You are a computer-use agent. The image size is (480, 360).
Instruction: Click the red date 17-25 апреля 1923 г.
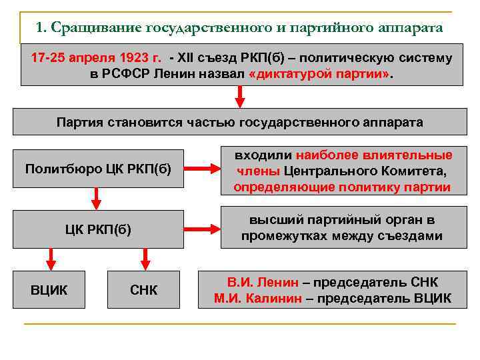(95, 58)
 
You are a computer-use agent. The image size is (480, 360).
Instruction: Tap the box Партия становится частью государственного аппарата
(240, 123)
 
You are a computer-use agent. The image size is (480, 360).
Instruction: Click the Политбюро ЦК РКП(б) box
(98, 168)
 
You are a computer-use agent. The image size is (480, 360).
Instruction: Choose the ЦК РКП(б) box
(98, 230)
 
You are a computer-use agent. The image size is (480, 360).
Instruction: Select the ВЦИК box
(49, 290)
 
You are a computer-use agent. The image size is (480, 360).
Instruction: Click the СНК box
(144, 290)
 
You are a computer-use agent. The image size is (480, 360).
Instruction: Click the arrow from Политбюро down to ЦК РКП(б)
(96, 197)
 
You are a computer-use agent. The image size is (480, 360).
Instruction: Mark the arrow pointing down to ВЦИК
(49, 259)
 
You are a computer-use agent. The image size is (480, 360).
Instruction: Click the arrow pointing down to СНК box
(145, 259)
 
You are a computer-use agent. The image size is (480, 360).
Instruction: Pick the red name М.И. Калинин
(258, 298)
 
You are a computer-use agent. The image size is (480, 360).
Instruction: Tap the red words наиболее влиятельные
(373, 155)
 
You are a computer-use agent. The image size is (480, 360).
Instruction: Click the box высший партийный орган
(341, 229)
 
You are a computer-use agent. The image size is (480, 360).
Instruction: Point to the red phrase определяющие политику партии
(341, 187)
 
